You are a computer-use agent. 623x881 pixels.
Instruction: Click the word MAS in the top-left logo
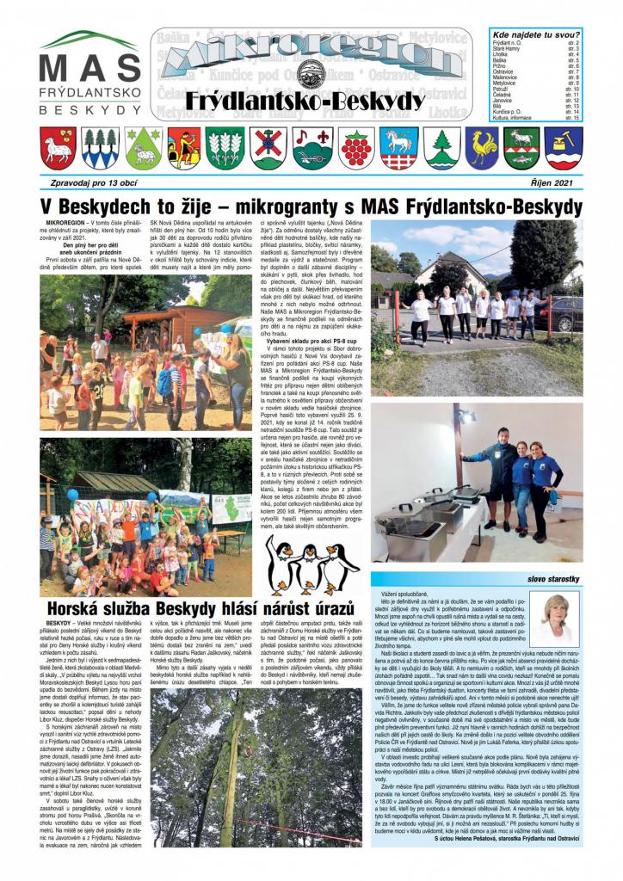89,69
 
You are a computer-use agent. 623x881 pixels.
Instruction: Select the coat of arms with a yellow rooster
482,147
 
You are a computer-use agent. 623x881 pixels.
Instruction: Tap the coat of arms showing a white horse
397,147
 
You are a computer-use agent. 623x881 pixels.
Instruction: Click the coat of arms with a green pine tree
440,147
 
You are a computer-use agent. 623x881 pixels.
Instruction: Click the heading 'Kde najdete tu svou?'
533,33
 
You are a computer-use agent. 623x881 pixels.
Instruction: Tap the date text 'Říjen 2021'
558,182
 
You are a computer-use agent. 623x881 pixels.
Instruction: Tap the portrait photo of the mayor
557,618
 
